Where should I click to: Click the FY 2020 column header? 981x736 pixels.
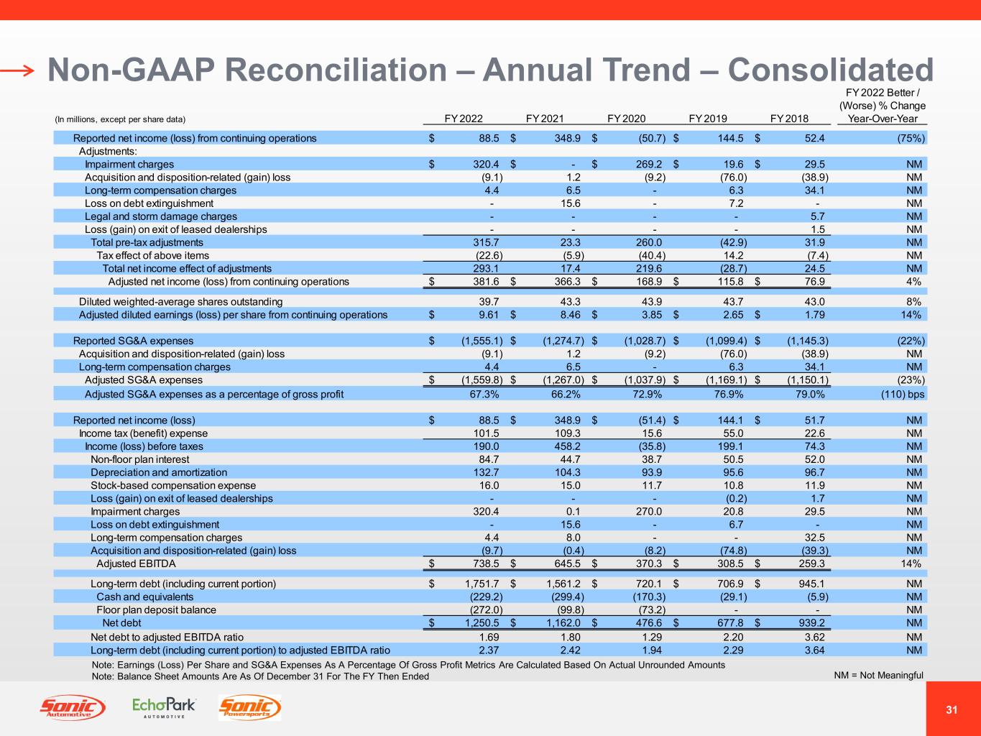click(626, 119)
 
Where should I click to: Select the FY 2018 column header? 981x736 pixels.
click(789, 119)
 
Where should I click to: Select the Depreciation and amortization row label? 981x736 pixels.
click(159, 472)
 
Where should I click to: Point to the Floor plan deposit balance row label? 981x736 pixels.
click(156, 609)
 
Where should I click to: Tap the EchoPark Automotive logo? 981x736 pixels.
click(164, 707)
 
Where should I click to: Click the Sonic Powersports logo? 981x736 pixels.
click(249, 708)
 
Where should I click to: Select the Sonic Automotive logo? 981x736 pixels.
click(73, 708)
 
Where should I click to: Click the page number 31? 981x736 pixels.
click(952, 710)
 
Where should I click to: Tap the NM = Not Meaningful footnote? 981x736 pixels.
click(878, 675)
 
